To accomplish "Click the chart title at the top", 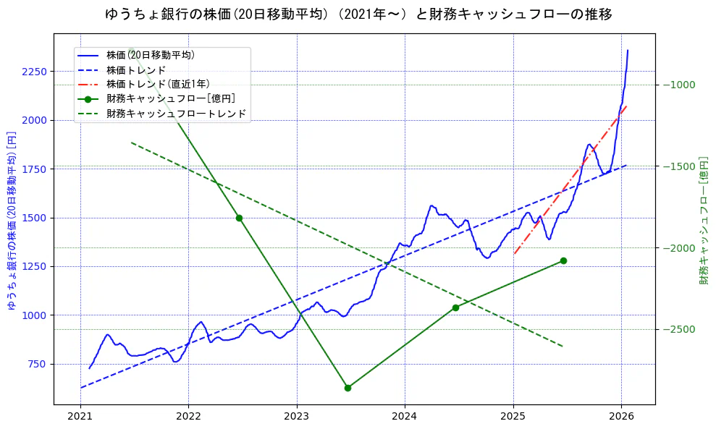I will pyautogui.click(x=358, y=14).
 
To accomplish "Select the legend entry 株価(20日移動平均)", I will pyautogui.click(x=150, y=55).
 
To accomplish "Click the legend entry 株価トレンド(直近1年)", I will pyautogui.click(x=158, y=84).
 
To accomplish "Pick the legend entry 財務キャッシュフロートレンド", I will pyautogui.click(x=176, y=114).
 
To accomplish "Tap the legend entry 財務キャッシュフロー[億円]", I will pyautogui.click(x=171, y=98).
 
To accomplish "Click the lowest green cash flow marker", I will pyautogui.click(x=348, y=388).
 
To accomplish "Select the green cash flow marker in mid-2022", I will pyautogui.click(x=239, y=218).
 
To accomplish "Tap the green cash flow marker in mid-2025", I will pyautogui.click(x=563, y=260).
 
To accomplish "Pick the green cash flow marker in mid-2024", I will pyautogui.click(x=455, y=307).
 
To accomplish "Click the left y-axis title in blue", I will pyautogui.click(x=12, y=221).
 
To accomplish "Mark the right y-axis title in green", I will pyautogui.click(x=703, y=221).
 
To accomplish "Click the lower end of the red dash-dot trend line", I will pyautogui.click(x=514, y=253).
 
